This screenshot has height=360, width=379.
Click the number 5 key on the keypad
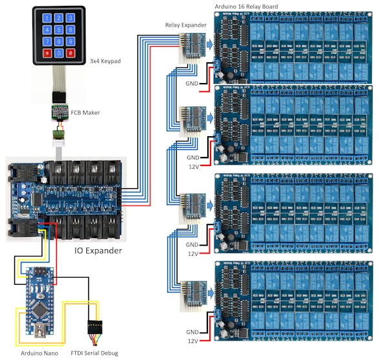click(59, 29)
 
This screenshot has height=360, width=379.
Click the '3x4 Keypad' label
click(107, 62)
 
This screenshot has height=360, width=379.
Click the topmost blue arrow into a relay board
click(211, 44)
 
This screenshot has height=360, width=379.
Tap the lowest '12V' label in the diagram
click(194, 341)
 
